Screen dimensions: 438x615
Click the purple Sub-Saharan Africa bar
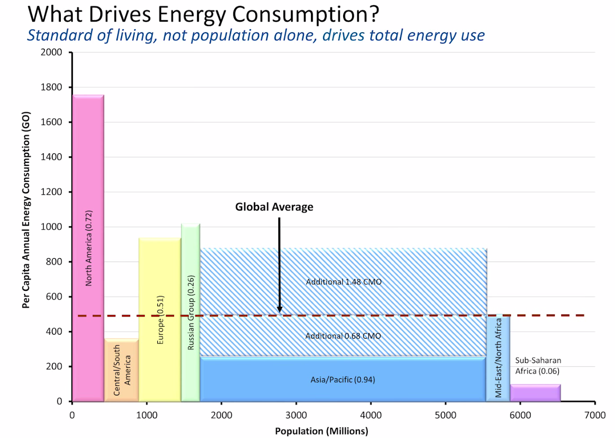[535, 393]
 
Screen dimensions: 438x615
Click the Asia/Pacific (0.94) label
[343, 380]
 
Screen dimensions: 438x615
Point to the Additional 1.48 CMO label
[344, 282]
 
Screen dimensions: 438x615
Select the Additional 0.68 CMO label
[343, 336]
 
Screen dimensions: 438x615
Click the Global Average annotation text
[274, 207]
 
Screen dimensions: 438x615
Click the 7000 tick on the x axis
[594, 416]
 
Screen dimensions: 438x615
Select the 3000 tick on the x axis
[296, 416]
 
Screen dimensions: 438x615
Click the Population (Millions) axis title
[322, 431]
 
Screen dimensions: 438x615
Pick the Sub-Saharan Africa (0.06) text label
[538, 366]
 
